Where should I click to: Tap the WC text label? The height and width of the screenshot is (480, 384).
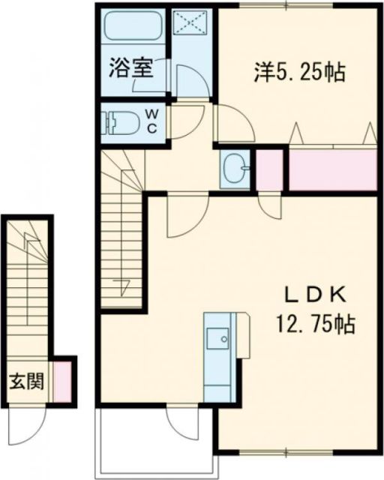coord(152,120)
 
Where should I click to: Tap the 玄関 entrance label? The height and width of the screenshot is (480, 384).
coord(26,381)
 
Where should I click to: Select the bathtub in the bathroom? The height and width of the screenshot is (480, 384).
coord(133,28)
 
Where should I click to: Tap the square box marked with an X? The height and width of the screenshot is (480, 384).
coord(193,23)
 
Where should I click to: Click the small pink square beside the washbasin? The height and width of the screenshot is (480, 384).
coord(269,169)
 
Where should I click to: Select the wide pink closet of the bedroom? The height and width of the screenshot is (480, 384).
coord(331,169)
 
